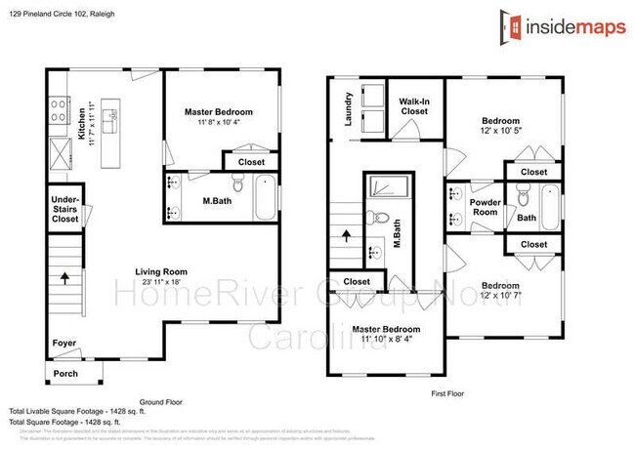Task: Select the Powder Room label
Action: coord(486,208)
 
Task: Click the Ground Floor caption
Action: coord(161,401)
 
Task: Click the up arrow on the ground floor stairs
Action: coord(65,277)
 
